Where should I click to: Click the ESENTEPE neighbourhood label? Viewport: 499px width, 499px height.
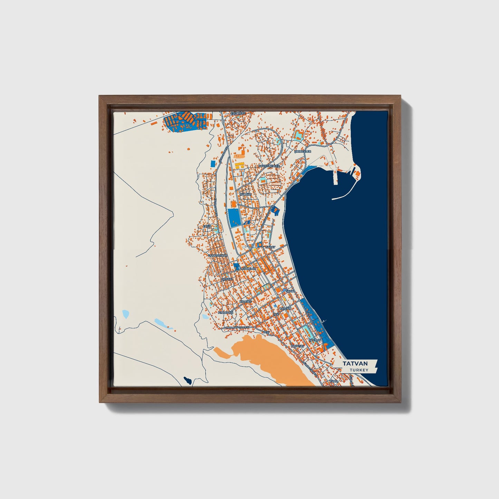point(238,113)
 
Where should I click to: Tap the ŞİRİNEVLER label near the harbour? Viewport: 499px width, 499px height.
point(303,151)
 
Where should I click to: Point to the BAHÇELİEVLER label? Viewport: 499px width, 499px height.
point(269,166)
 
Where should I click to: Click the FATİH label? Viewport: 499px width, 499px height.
point(207,226)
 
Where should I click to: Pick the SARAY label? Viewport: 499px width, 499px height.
point(270,247)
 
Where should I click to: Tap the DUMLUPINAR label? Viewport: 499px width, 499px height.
point(217,255)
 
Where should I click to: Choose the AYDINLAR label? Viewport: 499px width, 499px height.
point(249,268)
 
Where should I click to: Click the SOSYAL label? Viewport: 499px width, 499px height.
point(227,279)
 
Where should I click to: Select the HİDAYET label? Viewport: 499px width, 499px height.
point(246,301)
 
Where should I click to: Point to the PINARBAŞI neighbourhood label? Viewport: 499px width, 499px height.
point(226,312)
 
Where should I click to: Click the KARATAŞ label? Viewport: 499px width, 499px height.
point(297,346)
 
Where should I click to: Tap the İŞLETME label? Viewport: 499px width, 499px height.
point(315,340)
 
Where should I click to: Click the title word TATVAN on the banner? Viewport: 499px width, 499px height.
point(355,364)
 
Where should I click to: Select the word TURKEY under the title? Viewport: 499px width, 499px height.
point(359,370)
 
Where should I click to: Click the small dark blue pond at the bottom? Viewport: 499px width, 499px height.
point(188,381)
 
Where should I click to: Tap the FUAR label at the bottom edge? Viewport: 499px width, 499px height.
point(333,381)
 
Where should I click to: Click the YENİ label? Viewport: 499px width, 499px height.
point(266,332)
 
